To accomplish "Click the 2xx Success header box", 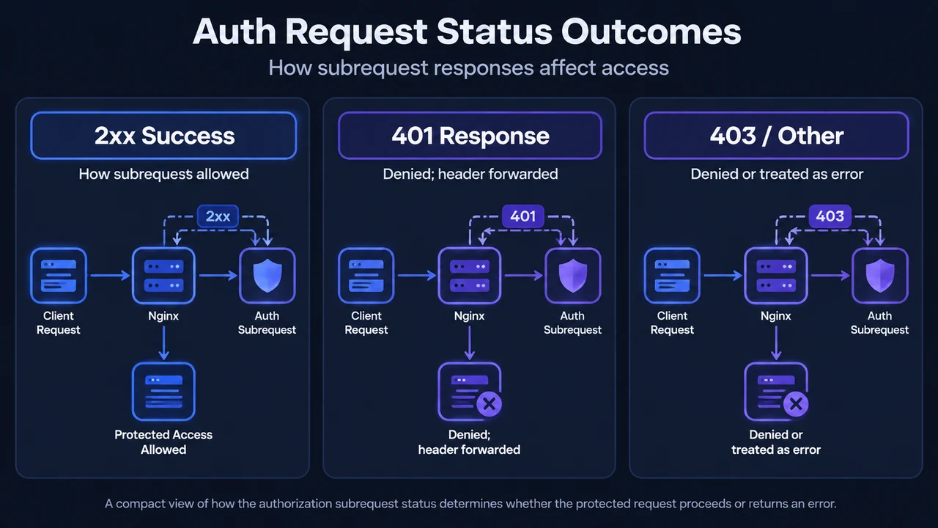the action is click(163, 136).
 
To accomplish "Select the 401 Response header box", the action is click(470, 136).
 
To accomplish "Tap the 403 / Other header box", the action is click(776, 136).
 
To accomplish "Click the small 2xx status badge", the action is click(218, 216).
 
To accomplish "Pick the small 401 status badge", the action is click(523, 216).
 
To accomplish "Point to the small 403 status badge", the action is click(830, 216).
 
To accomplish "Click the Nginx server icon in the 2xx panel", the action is click(163, 275).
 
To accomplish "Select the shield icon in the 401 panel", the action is click(573, 275).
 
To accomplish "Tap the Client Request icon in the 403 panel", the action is click(672, 275).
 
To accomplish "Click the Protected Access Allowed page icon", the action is click(163, 392).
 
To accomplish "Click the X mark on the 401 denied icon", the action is click(489, 404).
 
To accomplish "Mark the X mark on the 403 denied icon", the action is click(796, 404).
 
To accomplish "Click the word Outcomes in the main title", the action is click(651, 32).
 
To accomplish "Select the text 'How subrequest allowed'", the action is click(163, 174).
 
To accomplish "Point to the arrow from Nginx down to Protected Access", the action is click(163, 342).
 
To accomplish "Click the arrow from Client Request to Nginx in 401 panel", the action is click(417, 275).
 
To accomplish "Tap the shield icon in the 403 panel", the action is click(880, 275).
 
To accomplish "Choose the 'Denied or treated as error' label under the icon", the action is click(776, 442).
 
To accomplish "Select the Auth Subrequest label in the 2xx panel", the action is click(267, 323).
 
